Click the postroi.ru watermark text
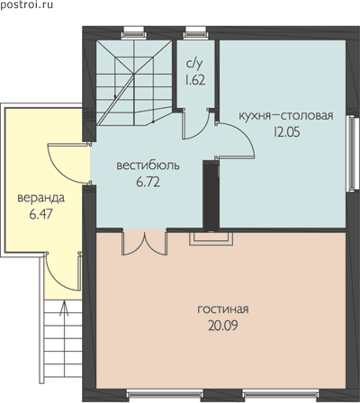[26, 5]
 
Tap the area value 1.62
[195, 80]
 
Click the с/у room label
[194, 64]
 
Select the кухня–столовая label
[286, 116]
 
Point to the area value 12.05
[286, 132]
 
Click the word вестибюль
[148, 166]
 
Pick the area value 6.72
[148, 182]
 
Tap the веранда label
[41, 198]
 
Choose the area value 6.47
[41, 214]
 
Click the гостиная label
[223, 309]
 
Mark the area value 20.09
[223, 326]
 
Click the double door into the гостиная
[145, 244]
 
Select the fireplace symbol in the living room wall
[211, 238]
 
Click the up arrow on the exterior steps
[64, 309]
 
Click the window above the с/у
[195, 32]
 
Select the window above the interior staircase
[134, 32]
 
